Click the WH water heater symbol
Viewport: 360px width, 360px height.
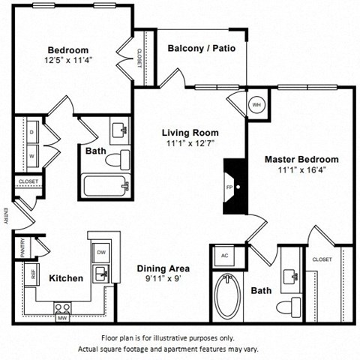click(256, 104)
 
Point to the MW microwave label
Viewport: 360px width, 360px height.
click(61, 317)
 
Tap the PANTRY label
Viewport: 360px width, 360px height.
click(23, 248)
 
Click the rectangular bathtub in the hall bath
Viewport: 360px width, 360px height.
click(105, 185)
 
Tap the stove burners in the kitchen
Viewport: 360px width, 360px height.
click(62, 306)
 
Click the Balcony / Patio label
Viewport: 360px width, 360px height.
click(201, 48)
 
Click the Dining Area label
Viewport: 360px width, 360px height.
click(163, 268)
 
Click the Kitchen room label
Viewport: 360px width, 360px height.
click(66, 278)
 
